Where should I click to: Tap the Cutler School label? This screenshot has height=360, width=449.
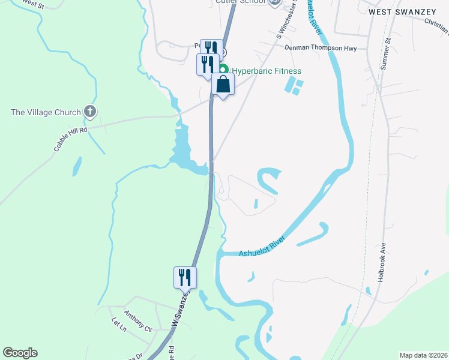(x=241, y=2)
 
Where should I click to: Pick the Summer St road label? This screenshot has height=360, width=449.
(x=389, y=48)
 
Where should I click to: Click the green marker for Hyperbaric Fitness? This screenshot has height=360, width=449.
(x=223, y=70)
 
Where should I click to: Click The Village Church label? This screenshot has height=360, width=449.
(x=46, y=112)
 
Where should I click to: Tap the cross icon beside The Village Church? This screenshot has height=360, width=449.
(x=89, y=111)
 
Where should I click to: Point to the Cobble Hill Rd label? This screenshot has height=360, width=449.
(x=70, y=138)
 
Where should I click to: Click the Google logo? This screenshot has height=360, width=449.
(x=20, y=353)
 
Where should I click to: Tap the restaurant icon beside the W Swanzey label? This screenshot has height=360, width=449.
(x=185, y=277)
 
